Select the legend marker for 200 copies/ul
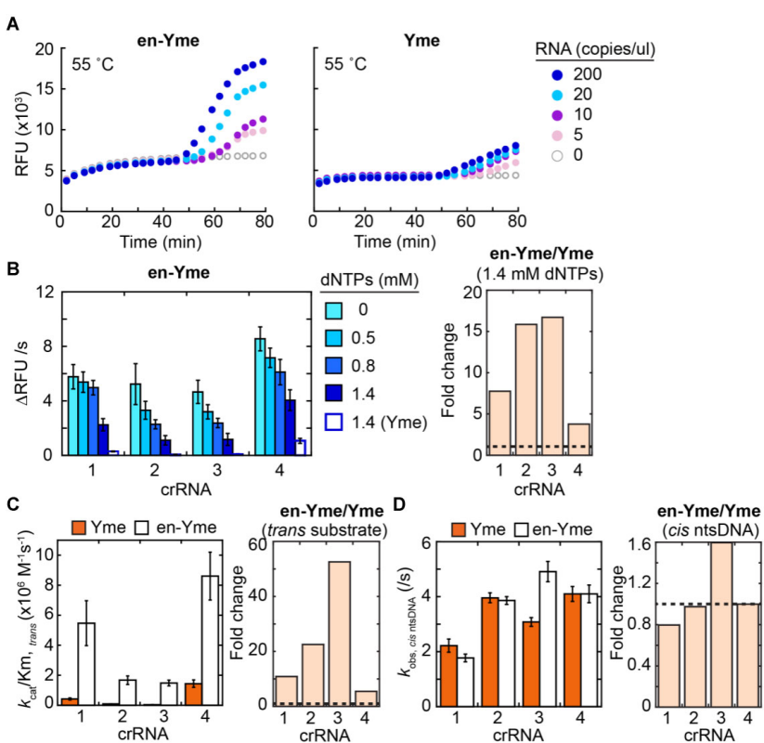tap(556, 73)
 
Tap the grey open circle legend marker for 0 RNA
tap(556, 154)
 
